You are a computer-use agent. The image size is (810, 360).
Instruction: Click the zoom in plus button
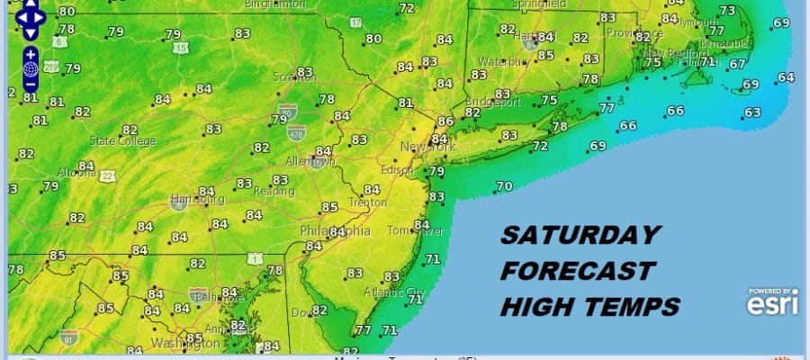point(31,54)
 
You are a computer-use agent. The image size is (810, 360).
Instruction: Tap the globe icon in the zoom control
point(31,68)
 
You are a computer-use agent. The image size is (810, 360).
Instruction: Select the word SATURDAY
point(580,236)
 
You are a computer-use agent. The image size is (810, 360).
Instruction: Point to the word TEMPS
point(629,307)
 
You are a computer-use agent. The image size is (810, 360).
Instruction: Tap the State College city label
point(123,141)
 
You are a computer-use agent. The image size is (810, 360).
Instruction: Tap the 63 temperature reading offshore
point(752,113)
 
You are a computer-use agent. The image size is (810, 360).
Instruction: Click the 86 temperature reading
point(445,121)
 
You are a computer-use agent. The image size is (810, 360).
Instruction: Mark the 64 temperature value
point(786,77)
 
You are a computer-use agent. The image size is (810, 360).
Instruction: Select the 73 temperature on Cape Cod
point(727,11)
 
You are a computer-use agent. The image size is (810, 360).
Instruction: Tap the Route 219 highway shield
point(52,67)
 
